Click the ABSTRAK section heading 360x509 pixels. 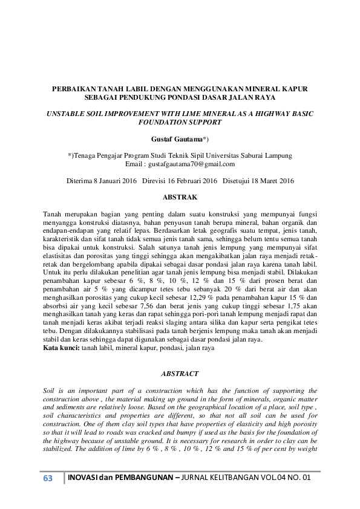180,196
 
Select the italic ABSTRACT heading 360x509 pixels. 180,374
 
